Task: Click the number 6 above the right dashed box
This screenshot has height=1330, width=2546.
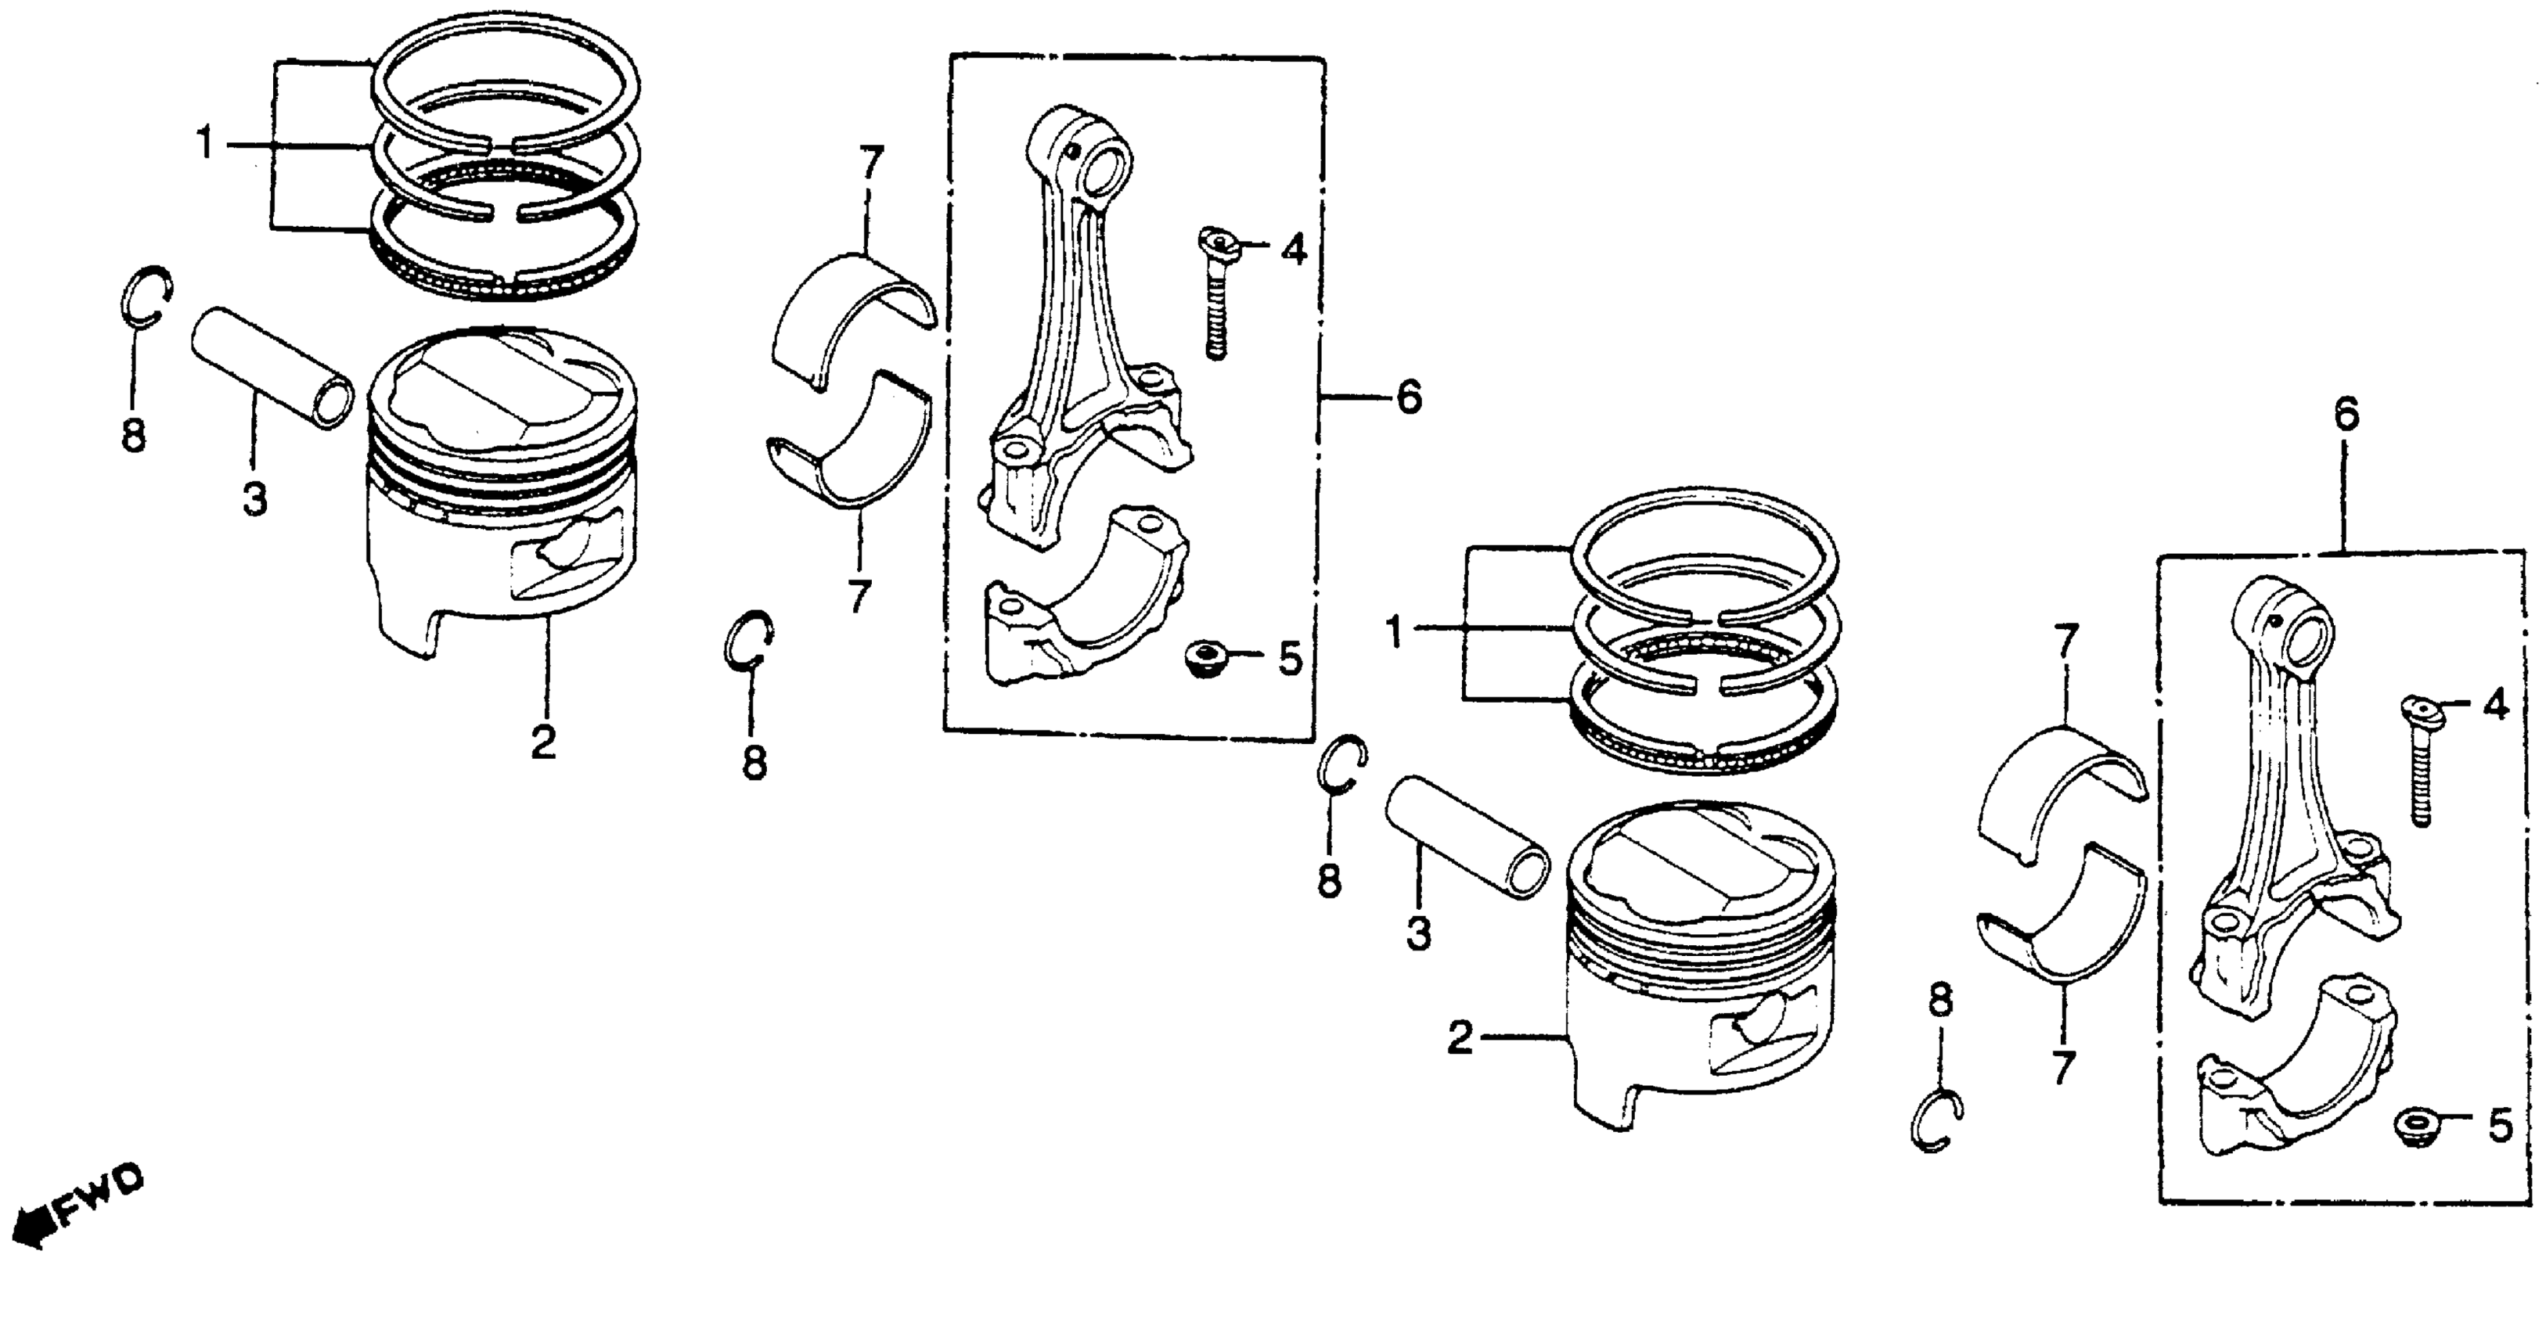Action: tap(2346, 414)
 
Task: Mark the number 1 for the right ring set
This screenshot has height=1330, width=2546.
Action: tap(1395, 631)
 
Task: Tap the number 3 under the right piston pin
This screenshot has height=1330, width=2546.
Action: tap(1418, 933)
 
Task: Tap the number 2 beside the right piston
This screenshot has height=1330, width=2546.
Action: tap(1460, 1038)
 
